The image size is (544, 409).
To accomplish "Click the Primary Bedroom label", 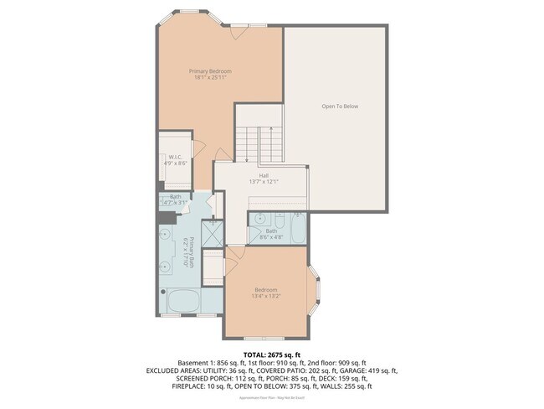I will coord(209,72).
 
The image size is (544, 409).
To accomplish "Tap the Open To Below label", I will coord(340,106).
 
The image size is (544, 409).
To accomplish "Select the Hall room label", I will coord(264,175).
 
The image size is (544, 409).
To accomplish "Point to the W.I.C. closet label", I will coord(175,157).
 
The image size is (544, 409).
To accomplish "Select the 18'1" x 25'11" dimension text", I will coord(209,79).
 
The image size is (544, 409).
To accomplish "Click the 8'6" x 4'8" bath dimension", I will coord(271,237).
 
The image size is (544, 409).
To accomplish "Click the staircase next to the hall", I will coord(259,144).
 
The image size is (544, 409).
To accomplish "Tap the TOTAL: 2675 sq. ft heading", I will coord(271,354).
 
